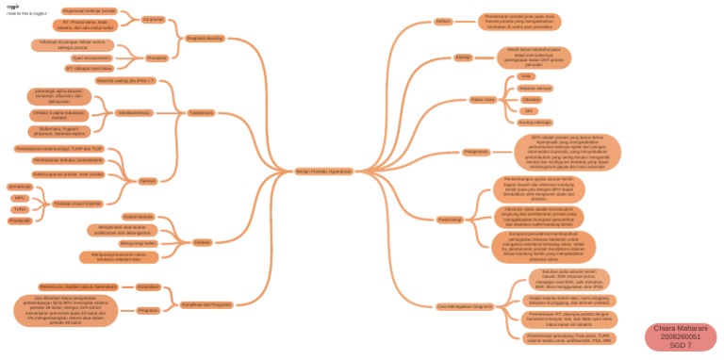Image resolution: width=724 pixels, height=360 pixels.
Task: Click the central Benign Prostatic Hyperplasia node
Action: (x=324, y=171)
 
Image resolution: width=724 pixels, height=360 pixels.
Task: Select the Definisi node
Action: (x=444, y=21)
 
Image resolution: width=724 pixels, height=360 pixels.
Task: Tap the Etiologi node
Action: (x=463, y=58)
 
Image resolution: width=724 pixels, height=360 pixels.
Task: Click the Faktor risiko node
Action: (x=483, y=99)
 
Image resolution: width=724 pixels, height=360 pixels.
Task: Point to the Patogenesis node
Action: (x=476, y=151)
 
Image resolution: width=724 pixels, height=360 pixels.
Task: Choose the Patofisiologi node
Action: (x=450, y=219)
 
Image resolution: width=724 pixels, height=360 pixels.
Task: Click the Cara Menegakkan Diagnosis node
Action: (x=465, y=306)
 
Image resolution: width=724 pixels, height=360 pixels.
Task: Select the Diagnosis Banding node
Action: (x=206, y=39)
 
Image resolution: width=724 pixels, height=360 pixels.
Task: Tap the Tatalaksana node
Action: (x=201, y=111)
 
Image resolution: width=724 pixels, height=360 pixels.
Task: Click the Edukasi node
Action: (x=202, y=242)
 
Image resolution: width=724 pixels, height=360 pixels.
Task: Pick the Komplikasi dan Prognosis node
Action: (x=206, y=304)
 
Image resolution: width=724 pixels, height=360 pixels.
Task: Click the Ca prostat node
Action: (x=153, y=19)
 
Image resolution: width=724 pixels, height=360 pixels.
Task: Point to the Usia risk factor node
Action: (x=527, y=76)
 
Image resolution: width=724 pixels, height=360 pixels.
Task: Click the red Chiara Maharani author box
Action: (x=682, y=337)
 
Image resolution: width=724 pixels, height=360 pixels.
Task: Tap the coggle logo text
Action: (x=13, y=6)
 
